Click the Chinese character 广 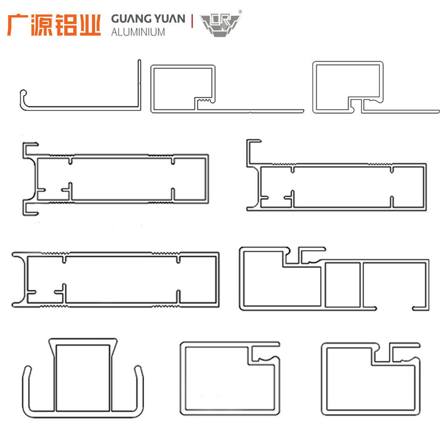[18, 25]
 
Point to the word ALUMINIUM [138, 32]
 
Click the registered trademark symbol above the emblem [240, 11]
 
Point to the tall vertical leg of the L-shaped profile [139, 84]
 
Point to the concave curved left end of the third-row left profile [21, 280]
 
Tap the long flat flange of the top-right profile [401, 111]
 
